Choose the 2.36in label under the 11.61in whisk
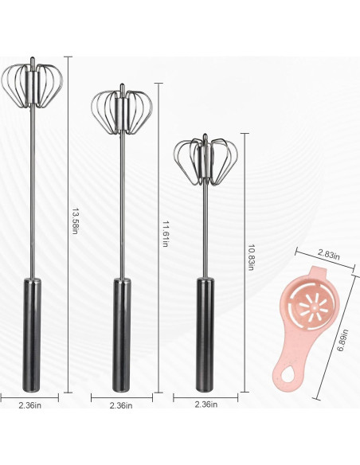(x=121, y=405)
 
